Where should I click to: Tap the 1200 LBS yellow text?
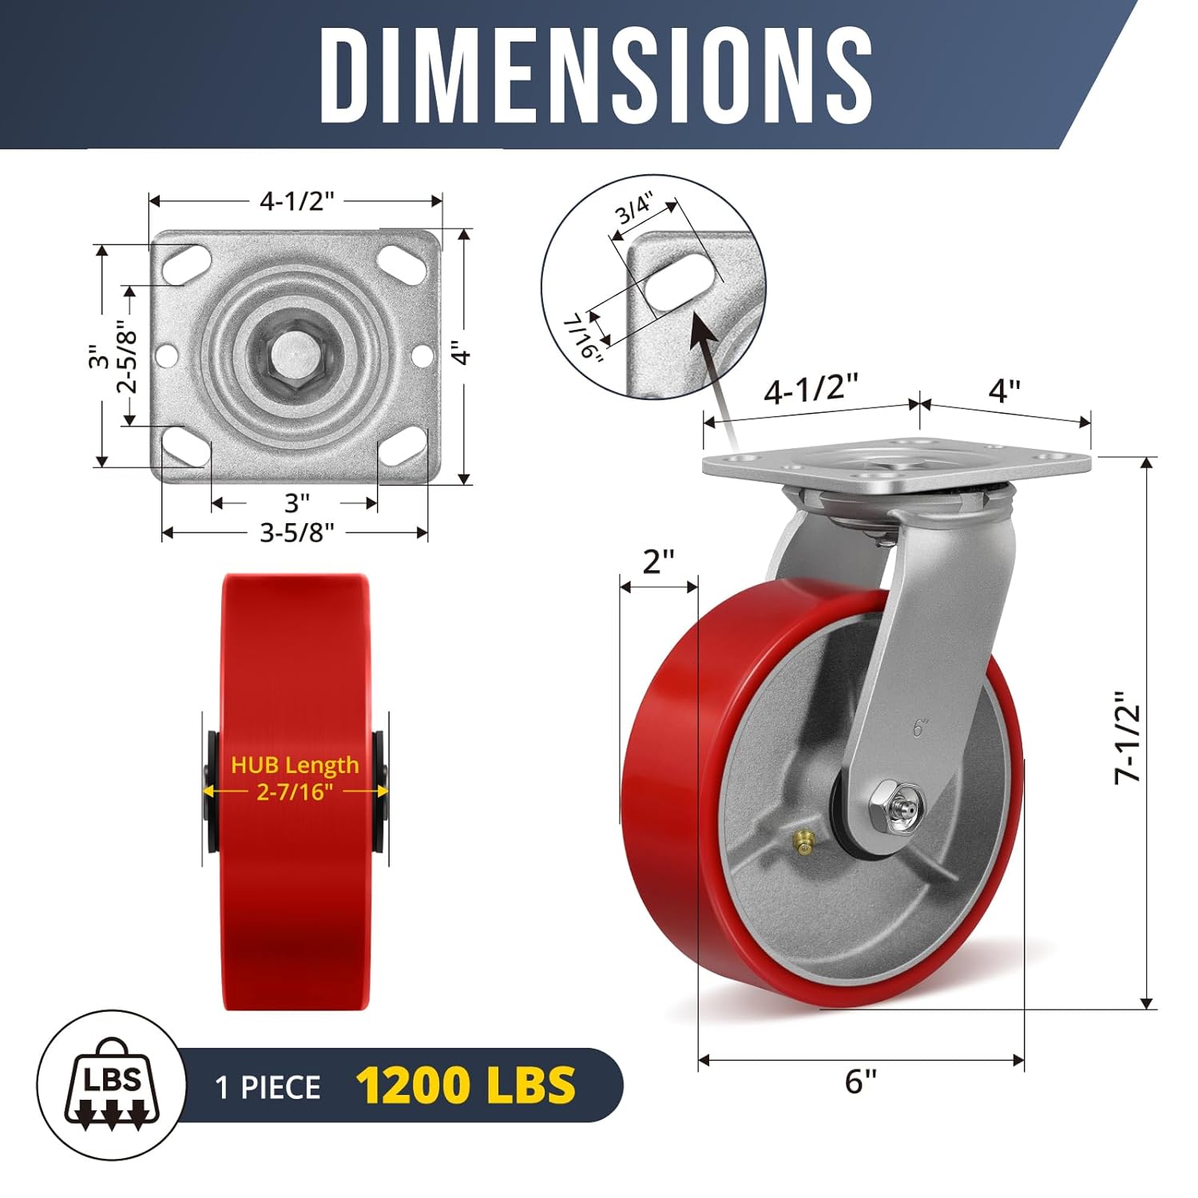point(466,1085)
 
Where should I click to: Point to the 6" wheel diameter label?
point(861,1082)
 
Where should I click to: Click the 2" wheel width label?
point(659,561)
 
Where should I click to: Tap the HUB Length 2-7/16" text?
point(295,778)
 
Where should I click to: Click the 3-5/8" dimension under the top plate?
point(296,532)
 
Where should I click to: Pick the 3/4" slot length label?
point(636,209)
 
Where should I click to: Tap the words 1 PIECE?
point(268,1087)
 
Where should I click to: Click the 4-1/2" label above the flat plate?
point(296,201)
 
